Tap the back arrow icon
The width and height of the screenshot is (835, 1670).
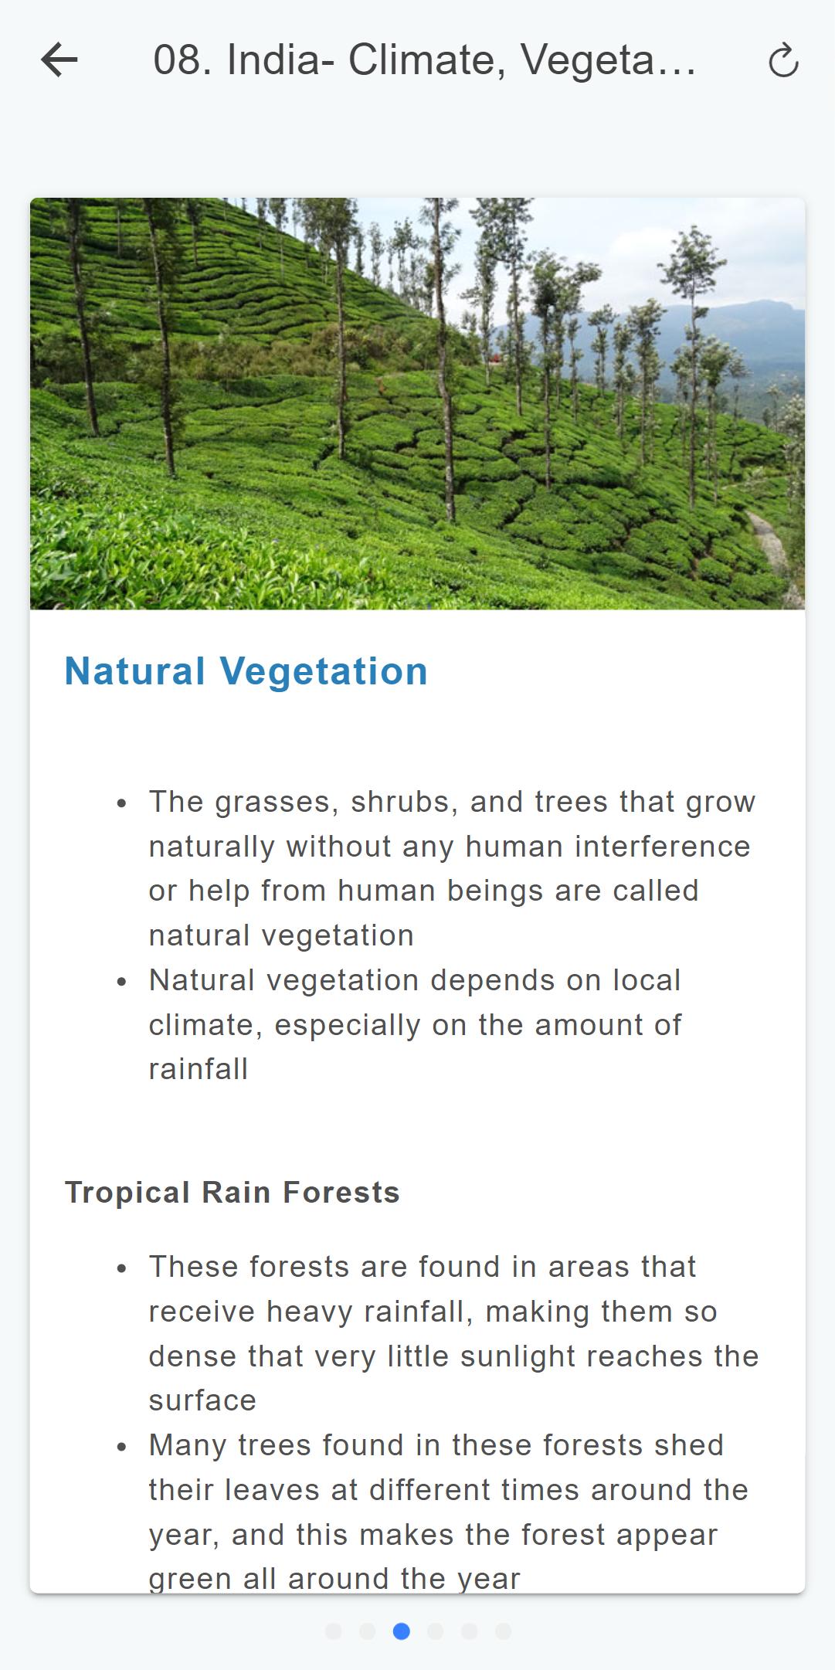tap(59, 60)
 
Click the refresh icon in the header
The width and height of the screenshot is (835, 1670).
tap(783, 60)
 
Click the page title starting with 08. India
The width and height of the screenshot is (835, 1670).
tap(424, 60)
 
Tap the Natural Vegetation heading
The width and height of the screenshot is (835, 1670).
tap(246, 670)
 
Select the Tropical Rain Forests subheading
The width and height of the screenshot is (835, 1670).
tap(233, 1193)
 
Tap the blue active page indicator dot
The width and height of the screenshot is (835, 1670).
tap(401, 1631)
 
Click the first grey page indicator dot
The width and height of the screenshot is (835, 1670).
tap(333, 1631)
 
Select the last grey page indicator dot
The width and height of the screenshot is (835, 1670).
tap(503, 1631)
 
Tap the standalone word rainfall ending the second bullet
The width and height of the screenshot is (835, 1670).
tap(199, 1069)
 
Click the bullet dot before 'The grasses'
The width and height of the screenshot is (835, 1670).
tap(121, 804)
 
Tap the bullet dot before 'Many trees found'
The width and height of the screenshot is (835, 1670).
tap(121, 1448)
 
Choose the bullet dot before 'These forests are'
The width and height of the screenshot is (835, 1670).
tap(121, 1269)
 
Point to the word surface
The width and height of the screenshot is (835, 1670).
tap(202, 1400)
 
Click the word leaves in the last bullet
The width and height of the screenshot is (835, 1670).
tap(272, 1490)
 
